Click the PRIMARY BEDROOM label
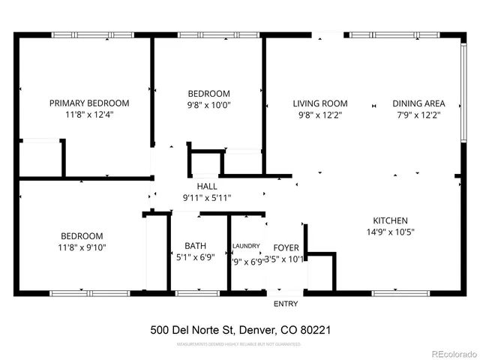tap(89, 103)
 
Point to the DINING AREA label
tap(418, 103)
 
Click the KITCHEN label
tap(390, 220)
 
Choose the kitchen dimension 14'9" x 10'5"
tap(390, 232)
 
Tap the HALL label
tap(207, 186)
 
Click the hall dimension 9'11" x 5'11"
tap(207, 197)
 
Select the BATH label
tap(195, 246)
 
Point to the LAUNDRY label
tap(246, 246)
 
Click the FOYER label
tap(286, 246)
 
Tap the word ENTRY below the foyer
tap(286, 304)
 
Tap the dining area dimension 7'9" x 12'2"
tap(418, 115)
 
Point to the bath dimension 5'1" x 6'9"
tap(195, 257)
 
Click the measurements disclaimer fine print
tap(239, 345)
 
